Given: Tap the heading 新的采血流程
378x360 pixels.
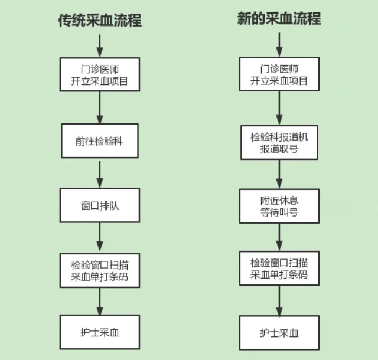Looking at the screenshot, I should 279,18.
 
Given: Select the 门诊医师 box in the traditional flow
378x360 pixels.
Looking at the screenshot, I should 99,74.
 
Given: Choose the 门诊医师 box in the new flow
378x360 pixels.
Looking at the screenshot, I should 279,74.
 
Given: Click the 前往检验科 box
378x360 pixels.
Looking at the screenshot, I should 99,142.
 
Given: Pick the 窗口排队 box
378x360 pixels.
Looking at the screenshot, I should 99,206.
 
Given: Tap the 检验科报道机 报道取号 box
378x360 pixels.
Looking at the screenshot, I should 279,142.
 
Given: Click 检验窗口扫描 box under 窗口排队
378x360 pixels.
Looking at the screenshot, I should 99,270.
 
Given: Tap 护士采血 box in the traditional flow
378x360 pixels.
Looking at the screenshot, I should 99,332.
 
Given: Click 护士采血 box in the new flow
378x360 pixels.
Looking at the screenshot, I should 279,333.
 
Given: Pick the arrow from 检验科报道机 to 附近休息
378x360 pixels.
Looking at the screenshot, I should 279,174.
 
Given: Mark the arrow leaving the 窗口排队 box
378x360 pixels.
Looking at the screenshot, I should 99,238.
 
